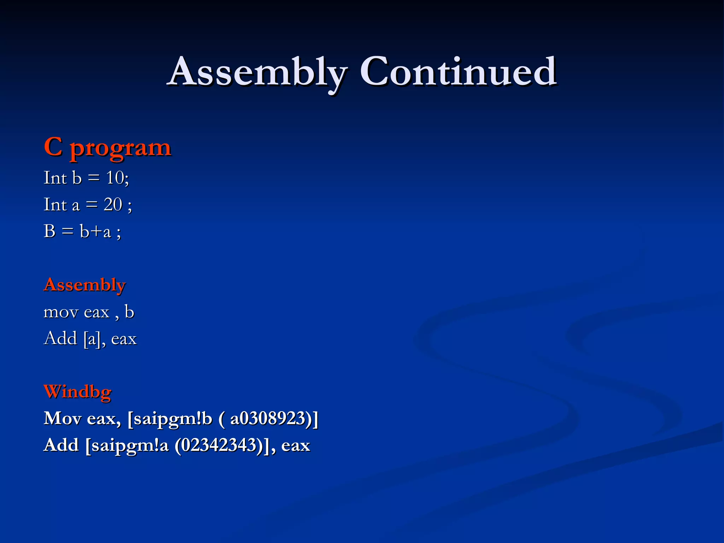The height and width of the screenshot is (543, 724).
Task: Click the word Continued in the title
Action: click(x=458, y=72)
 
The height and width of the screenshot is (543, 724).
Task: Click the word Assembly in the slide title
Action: click(x=257, y=72)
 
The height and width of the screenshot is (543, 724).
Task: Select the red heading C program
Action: click(x=107, y=147)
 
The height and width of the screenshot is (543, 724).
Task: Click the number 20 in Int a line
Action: click(x=113, y=204)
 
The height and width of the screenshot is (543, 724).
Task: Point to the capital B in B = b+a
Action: click(x=49, y=232)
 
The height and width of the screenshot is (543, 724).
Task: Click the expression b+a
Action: click(x=95, y=232)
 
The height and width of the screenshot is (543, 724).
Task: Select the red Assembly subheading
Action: click(x=84, y=285)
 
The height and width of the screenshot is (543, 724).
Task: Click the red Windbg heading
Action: click(x=77, y=392)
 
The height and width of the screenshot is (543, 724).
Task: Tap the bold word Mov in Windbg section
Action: click(x=62, y=419)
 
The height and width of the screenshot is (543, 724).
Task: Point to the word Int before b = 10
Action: click(x=55, y=177)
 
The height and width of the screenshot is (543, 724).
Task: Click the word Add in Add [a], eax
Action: click(x=60, y=339)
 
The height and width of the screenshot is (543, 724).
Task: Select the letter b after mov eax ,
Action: click(x=129, y=312)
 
